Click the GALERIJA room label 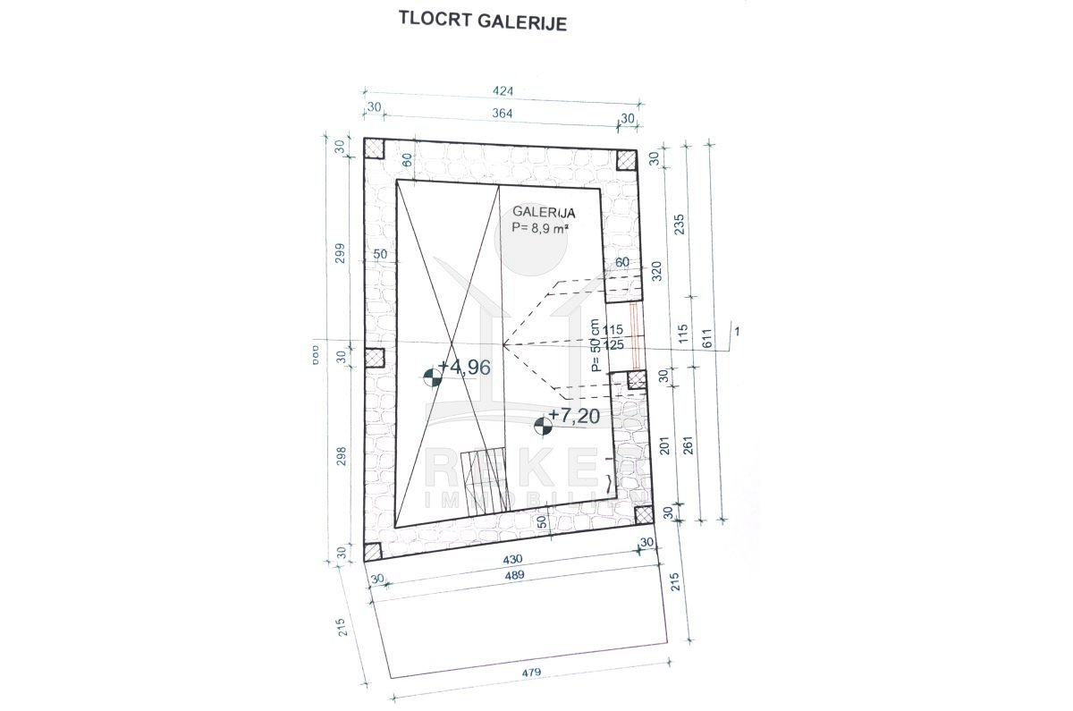tap(544, 213)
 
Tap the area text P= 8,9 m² tap(541, 228)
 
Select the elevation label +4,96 tap(469, 367)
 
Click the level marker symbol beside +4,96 tap(433, 377)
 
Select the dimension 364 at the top tap(507, 112)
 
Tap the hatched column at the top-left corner tap(374, 148)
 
